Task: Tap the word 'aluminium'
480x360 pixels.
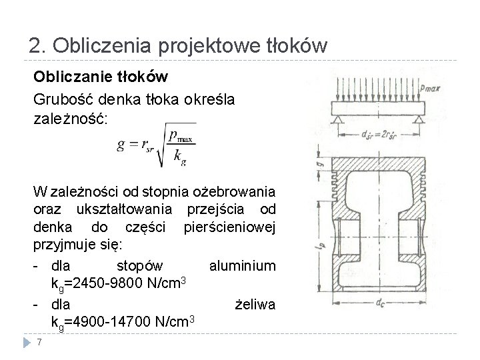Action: (242, 266)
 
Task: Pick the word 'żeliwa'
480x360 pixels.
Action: (256, 305)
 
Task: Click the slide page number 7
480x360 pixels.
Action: (41, 343)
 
